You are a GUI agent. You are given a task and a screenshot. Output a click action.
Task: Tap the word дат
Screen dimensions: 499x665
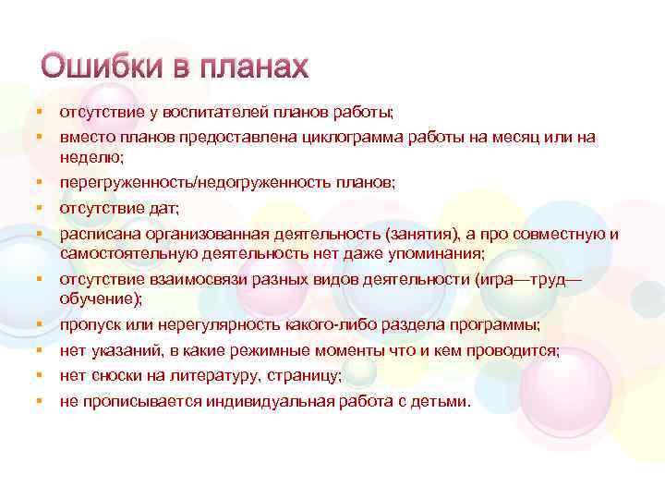pos(165,209)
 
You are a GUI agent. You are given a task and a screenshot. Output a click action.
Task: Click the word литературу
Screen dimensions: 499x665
pos(231,376)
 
